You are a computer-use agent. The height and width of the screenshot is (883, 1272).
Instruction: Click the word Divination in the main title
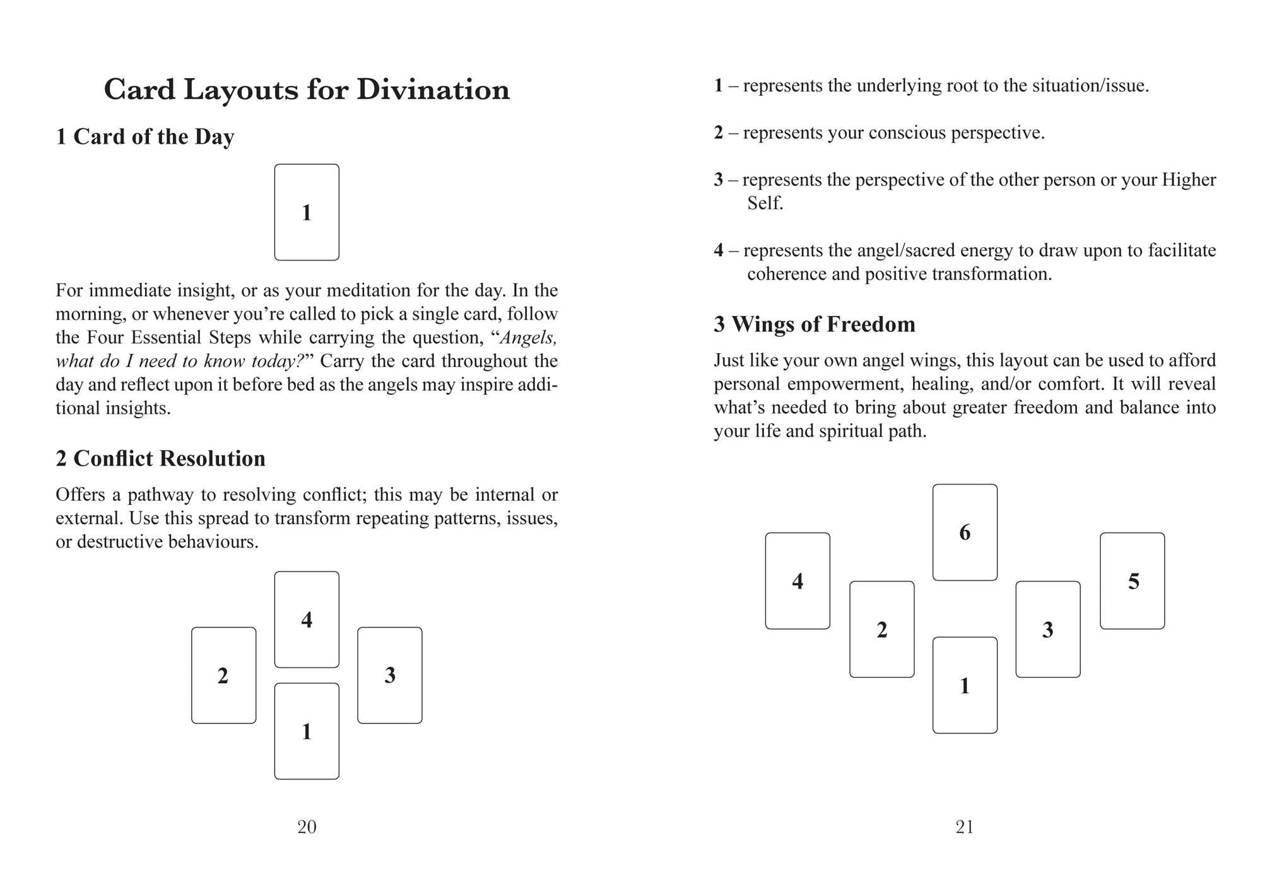coord(433,90)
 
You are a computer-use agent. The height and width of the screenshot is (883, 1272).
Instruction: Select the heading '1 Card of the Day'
coord(145,137)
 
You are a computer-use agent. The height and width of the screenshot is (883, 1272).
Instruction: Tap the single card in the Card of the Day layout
coord(307,213)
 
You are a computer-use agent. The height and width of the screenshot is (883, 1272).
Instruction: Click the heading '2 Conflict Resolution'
coord(160,459)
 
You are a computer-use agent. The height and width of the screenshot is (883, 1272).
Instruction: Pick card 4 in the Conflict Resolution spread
coord(307,619)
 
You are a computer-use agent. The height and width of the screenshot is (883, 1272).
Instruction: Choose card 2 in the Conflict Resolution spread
coord(223,675)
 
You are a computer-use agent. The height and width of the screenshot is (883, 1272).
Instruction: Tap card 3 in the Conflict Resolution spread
coord(390,675)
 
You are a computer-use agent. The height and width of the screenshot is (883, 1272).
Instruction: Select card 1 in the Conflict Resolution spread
coord(307,731)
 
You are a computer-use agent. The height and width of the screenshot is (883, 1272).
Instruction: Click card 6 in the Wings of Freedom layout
coord(965,532)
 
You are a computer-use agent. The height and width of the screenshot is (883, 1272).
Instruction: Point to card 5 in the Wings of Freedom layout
coord(1133,581)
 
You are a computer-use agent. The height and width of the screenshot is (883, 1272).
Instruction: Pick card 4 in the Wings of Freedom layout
coord(798,581)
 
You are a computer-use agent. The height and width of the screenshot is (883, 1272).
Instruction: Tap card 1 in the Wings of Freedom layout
coord(965,685)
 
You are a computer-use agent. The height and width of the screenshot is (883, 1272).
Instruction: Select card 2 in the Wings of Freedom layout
coord(882,629)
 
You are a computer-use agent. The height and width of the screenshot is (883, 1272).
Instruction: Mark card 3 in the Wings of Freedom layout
coord(1048,629)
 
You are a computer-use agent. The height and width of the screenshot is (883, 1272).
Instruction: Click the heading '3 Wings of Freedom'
coord(814,324)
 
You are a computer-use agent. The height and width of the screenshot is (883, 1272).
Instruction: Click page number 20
coord(307,827)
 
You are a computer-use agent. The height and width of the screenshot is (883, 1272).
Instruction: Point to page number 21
coord(964,827)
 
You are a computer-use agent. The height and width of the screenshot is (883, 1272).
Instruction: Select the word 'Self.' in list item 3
coord(765,203)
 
